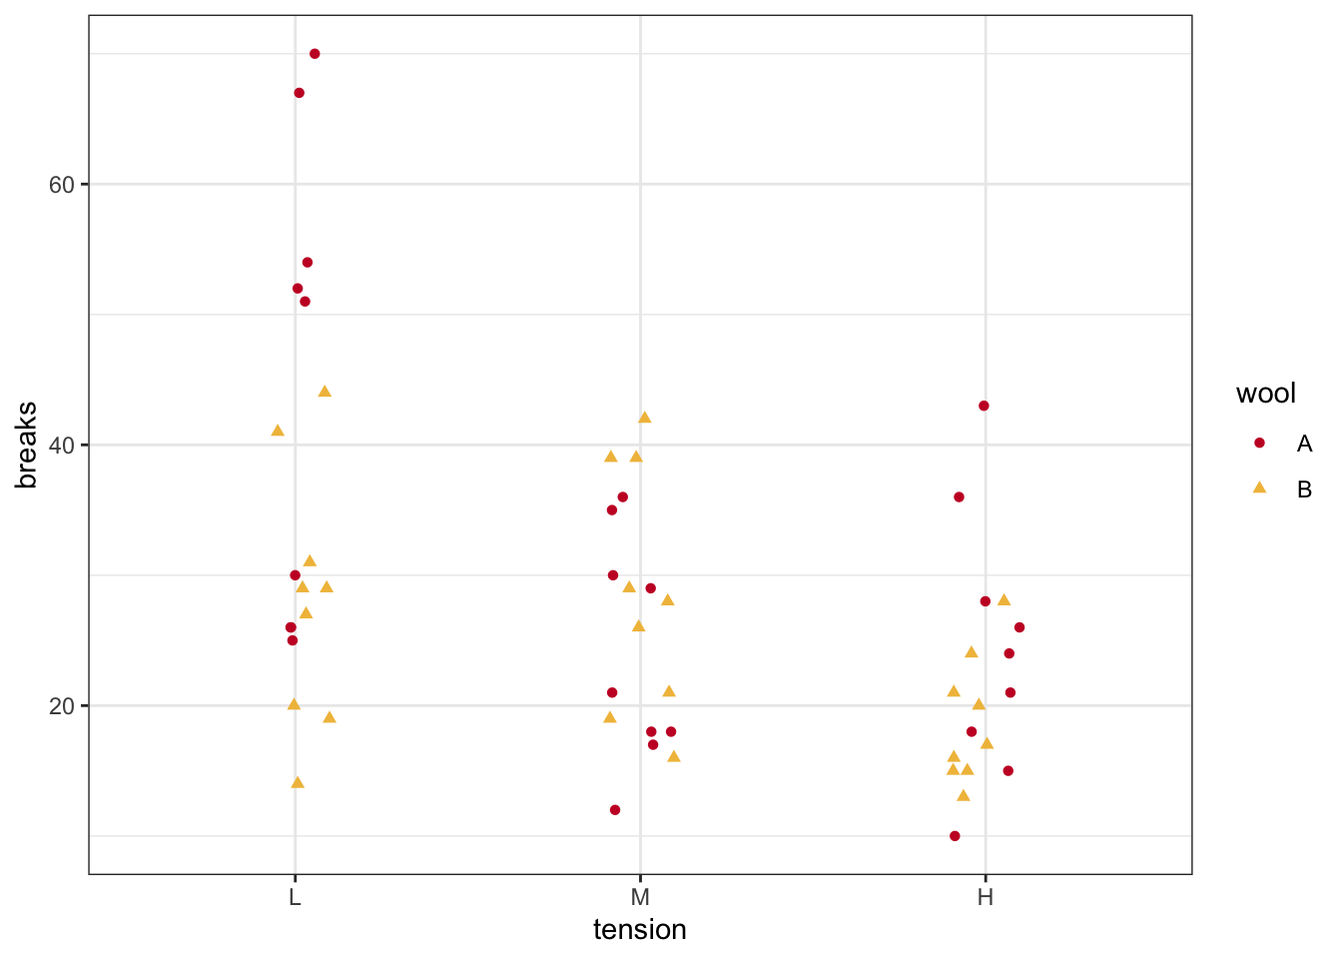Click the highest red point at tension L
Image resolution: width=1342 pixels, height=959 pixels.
[x=315, y=54]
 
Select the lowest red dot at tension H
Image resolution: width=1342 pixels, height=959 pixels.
[x=955, y=836]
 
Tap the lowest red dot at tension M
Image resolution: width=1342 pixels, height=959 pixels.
[x=615, y=810]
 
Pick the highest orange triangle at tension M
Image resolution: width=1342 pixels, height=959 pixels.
[x=644, y=418]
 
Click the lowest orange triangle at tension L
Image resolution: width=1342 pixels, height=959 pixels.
[x=298, y=782]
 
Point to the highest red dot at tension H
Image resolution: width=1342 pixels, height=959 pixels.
[x=984, y=406]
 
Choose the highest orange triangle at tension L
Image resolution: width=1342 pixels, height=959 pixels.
[x=325, y=392]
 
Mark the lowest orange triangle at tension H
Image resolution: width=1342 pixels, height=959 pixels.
[x=964, y=796]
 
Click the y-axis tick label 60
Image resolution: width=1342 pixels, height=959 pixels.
[x=62, y=185]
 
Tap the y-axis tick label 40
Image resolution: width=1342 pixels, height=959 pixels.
[x=62, y=446]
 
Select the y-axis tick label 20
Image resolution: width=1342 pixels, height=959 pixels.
[x=62, y=706]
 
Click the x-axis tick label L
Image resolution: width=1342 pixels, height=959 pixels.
[x=295, y=897]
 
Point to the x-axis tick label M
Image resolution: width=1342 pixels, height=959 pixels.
[x=640, y=897]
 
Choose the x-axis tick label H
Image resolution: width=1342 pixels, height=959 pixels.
[x=986, y=897]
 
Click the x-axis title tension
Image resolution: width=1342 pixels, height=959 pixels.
[x=640, y=930]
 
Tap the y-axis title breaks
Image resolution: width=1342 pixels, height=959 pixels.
[x=27, y=446]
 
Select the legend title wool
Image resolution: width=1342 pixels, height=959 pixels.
[x=1266, y=394]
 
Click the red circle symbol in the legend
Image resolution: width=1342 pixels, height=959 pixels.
[x=1259, y=443]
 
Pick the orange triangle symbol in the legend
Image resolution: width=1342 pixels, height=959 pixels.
[x=1259, y=488]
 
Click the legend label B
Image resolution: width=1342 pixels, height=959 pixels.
[x=1304, y=489]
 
